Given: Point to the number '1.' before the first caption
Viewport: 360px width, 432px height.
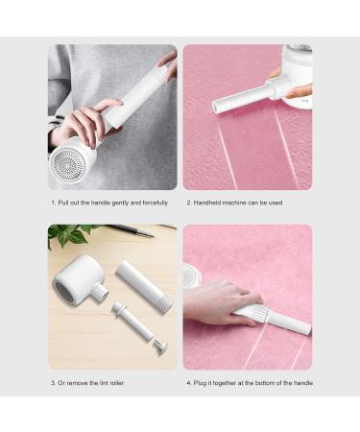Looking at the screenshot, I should pyautogui.click(x=54, y=203).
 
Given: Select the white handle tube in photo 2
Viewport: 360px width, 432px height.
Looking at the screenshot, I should pyautogui.click(x=240, y=97).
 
